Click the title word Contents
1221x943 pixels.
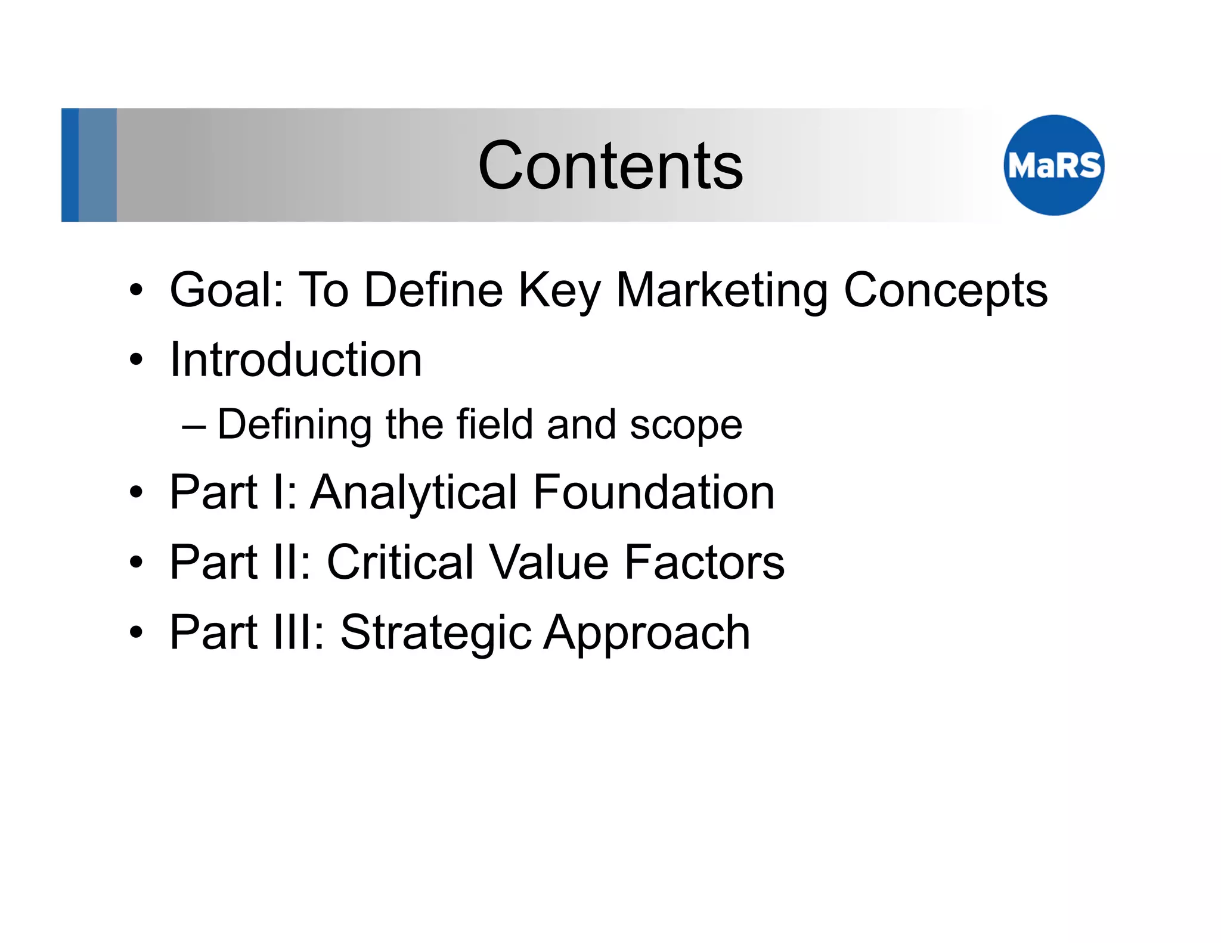click(610, 166)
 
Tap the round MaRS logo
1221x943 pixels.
click(1053, 165)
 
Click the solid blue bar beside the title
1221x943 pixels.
click(70, 165)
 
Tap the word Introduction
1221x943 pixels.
click(296, 360)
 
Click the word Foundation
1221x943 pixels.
click(653, 492)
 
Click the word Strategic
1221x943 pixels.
click(435, 634)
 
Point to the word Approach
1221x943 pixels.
click(647, 634)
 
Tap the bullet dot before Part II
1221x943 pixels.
click(137, 562)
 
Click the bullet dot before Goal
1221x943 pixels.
click(137, 290)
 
